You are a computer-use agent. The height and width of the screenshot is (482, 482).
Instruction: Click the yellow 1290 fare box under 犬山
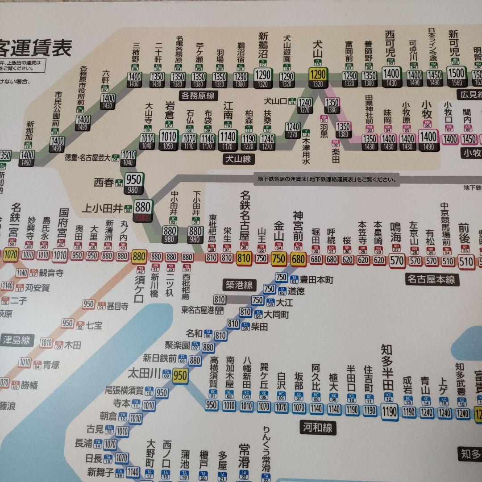click(318, 74)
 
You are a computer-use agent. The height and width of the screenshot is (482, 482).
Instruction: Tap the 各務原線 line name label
click(198, 95)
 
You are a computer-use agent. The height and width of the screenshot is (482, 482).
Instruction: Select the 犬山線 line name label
click(238, 158)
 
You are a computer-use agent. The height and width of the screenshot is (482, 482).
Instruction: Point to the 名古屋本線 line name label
click(431, 280)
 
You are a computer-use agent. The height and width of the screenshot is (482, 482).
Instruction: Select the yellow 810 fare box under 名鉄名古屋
click(244, 258)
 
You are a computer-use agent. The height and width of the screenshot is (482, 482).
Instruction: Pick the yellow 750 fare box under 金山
click(279, 258)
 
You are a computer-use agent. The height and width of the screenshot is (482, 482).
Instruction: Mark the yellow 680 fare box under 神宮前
click(298, 258)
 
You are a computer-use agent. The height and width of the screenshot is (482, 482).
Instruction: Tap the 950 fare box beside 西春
click(133, 180)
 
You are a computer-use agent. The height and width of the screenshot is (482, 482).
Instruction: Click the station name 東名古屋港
click(198, 310)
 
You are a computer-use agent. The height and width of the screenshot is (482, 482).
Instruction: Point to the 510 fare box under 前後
click(465, 261)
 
